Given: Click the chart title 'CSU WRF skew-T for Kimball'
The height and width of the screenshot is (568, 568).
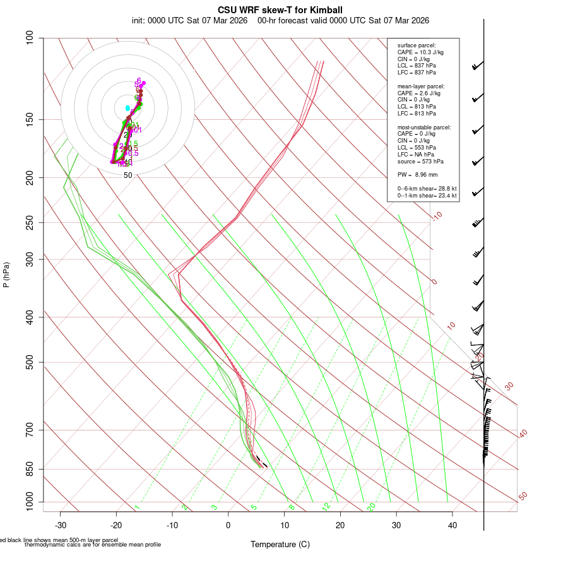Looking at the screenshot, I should tap(280, 10).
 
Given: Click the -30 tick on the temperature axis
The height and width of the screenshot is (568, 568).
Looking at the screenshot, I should tap(61, 525).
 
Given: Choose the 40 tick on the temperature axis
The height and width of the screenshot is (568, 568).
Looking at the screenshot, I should tap(452, 525).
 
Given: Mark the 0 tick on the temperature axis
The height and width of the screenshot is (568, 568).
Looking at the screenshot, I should tap(228, 525).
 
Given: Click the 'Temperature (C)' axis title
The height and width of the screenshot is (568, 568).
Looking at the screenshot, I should tap(280, 544).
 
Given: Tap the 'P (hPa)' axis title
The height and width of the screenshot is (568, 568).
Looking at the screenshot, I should tap(6, 275).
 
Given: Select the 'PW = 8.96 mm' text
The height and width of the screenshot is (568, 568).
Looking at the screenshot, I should tap(418, 175).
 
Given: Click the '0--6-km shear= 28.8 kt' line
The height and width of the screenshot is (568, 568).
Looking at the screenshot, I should tap(427, 189).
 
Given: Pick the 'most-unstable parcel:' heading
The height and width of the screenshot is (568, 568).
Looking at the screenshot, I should tap(424, 127).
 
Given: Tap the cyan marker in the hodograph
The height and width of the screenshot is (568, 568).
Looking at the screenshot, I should tap(127, 109).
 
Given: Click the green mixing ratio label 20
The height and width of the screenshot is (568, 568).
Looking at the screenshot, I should tap(372, 507).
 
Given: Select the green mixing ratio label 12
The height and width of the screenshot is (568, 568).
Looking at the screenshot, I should tap(326, 507).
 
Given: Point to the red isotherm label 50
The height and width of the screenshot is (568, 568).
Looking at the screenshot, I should tap(523, 497).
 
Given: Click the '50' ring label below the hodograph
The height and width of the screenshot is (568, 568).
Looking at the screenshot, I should tap(127, 175).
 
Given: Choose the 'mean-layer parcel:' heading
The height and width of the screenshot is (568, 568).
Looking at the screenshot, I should tap(421, 86).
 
